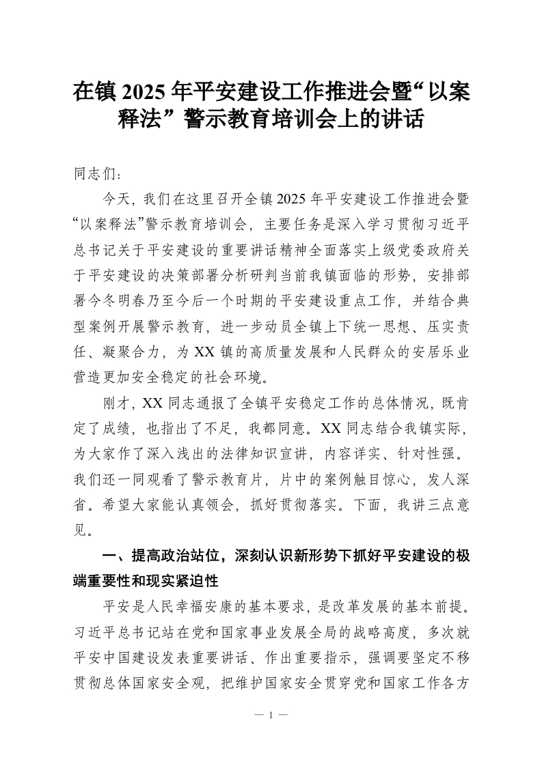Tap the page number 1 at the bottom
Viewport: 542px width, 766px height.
coord(271,715)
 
